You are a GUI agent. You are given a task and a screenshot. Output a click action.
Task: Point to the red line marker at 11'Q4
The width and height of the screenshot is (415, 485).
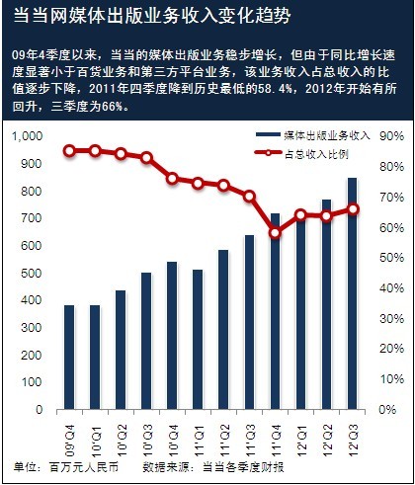275,233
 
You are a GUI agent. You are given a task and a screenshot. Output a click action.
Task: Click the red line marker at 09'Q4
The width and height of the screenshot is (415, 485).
69,150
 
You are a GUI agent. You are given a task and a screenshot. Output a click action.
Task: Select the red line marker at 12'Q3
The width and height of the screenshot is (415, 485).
353,208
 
